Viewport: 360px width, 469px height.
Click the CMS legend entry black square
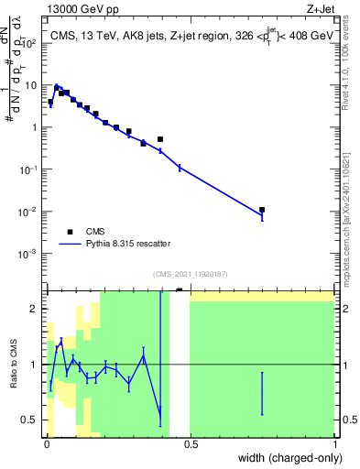pyautogui.click(x=70, y=232)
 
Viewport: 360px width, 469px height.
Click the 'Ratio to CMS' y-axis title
pyautogui.click(x=14, y=365)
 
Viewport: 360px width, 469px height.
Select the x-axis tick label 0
pyautogui.click(x=47, y=444)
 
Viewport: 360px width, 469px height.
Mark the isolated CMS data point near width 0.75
pyautogui.click(x=262, y=210)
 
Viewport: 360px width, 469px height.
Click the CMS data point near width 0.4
pyautogui.click(x=160, y=139)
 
